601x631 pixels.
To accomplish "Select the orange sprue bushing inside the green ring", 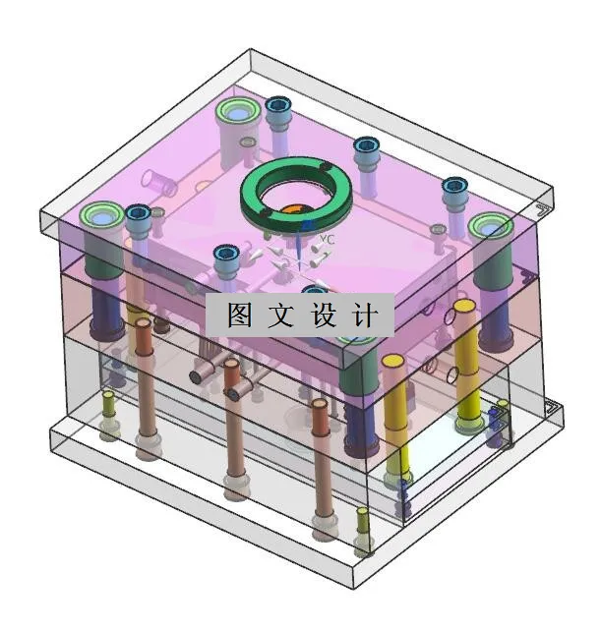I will coord(296,207).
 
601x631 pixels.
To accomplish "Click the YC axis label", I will coord(329,239).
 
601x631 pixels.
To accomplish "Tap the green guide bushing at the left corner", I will coord(101,216).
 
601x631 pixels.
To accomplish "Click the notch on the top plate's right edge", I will coord(540,209).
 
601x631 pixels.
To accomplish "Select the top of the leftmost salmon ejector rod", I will coord(144,323).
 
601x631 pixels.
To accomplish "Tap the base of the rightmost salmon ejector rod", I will coord(322,532).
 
